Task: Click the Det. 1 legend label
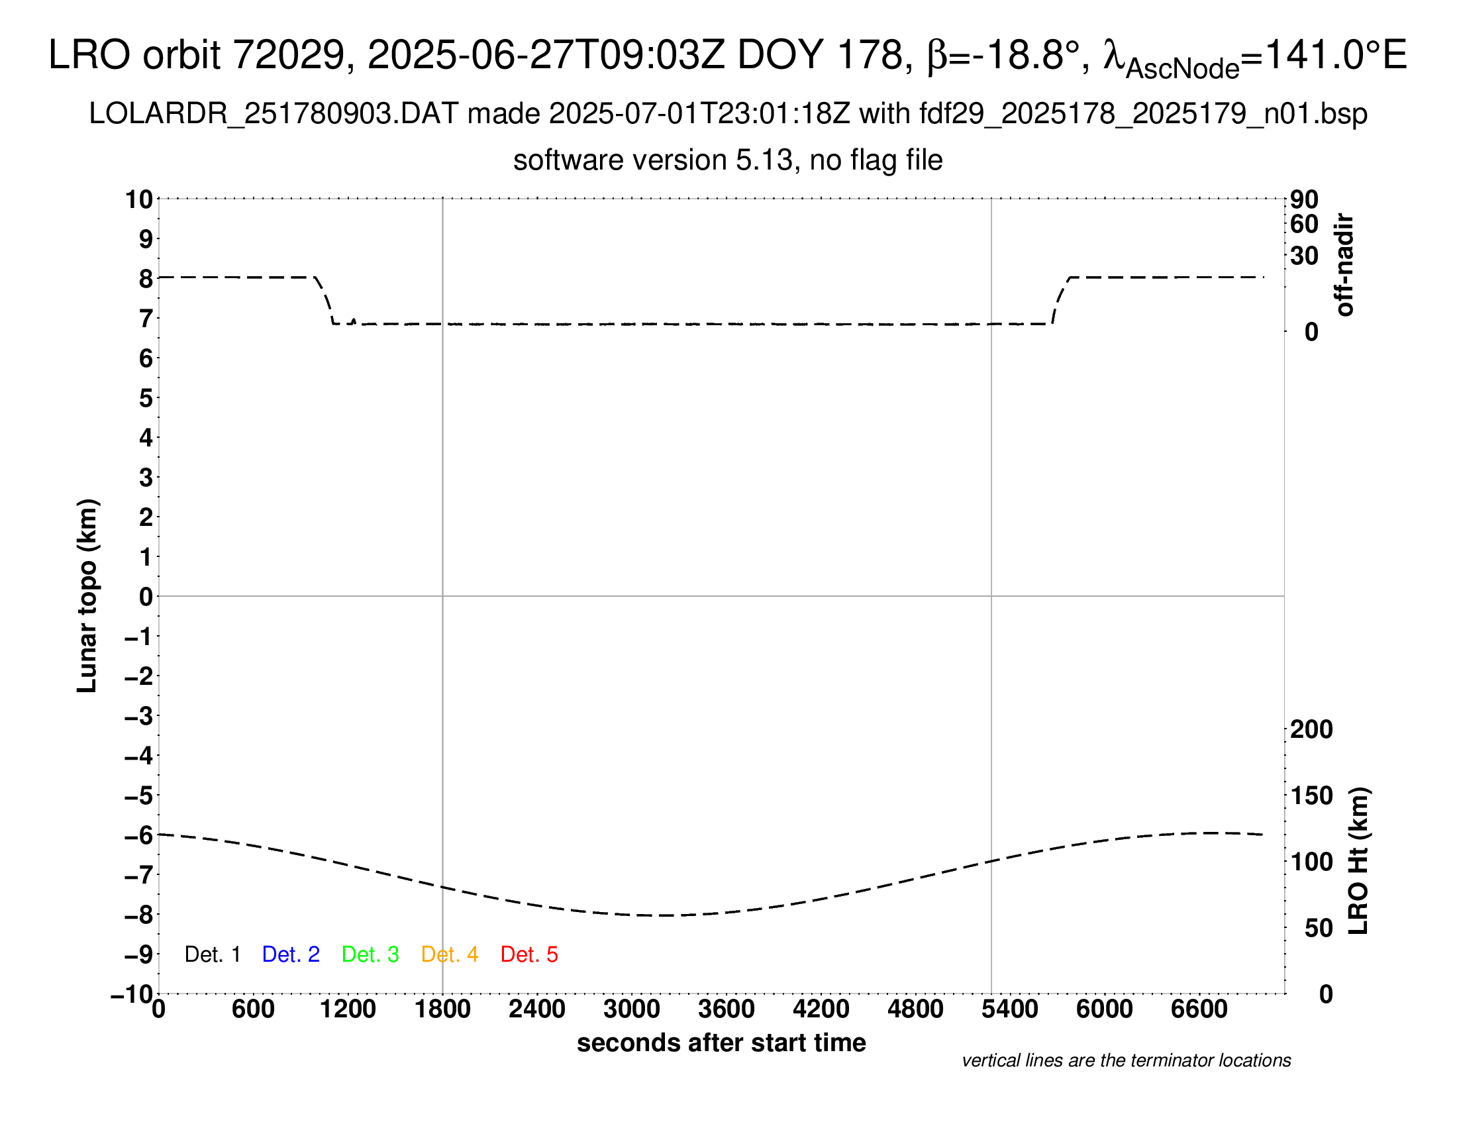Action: (x=212, y=954)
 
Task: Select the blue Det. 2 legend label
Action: (x=291, y=954)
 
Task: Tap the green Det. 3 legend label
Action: (x=370, y=954)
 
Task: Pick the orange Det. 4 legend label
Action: (x=450, y=954)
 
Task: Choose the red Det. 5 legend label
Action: (x=529, y=954)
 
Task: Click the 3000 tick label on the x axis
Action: (x=632, y=1009)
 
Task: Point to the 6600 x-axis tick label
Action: (x=1199, y=1009)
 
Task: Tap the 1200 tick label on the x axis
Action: (x=348, y=1009)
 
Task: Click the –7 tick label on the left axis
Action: (x=140, y=874)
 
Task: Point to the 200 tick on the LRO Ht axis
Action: (x=1311, y=729)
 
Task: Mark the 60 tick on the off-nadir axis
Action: (x=1304, y=224)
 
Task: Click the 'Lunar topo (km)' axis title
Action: (x=87, y=595)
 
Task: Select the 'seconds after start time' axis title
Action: (x=721, y=1043)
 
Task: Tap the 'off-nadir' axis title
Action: (x=1344, y=265)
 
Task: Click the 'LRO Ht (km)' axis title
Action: (x=1358, y=861)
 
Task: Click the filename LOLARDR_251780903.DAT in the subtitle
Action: (x=274, y=114)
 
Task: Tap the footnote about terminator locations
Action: (x=1126, y=1060)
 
